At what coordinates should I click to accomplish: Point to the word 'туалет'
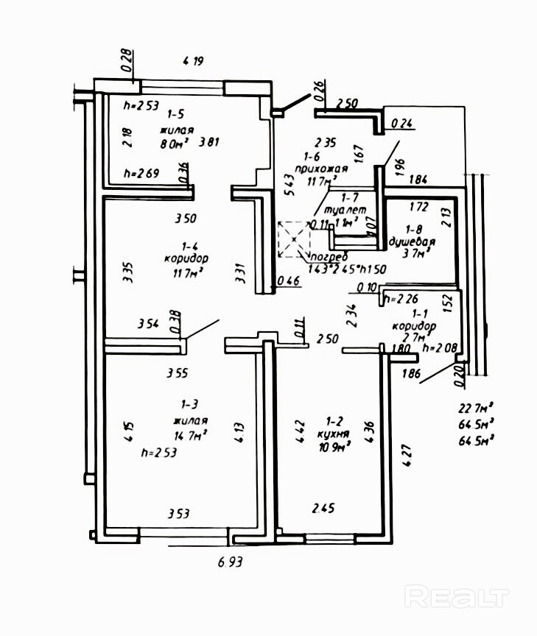point(348,210)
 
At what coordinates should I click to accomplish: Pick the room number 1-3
point(189,404)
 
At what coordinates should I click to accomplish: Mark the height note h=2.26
point(403,298)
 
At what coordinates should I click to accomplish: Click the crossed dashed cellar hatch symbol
point(294,240)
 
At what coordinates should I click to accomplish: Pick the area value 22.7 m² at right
point(476,409)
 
